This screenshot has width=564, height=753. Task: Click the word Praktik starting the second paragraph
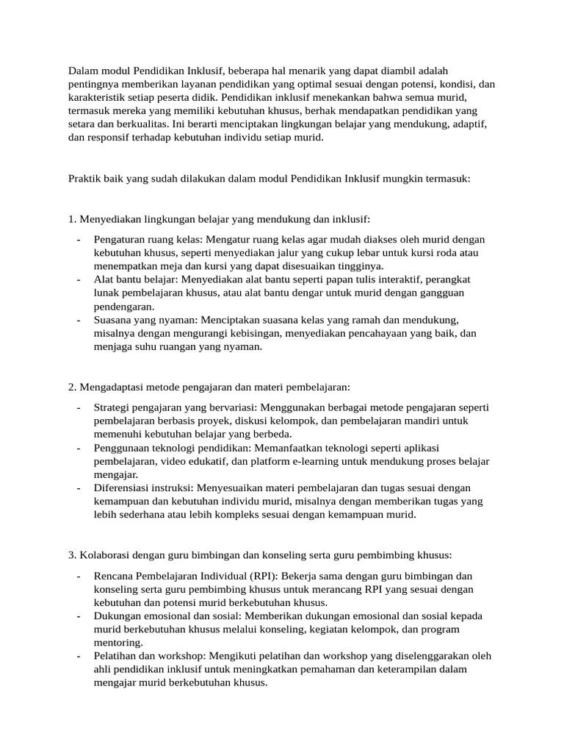(84, 179)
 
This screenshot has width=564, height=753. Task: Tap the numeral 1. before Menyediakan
(72, 219)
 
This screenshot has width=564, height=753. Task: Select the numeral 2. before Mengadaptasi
(72, 387)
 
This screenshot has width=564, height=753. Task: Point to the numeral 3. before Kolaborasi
(72, 554)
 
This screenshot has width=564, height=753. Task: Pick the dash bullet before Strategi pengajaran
(79, 407)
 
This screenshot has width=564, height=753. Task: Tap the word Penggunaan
(122, 448)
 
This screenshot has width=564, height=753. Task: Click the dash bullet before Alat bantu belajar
(79, 280)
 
